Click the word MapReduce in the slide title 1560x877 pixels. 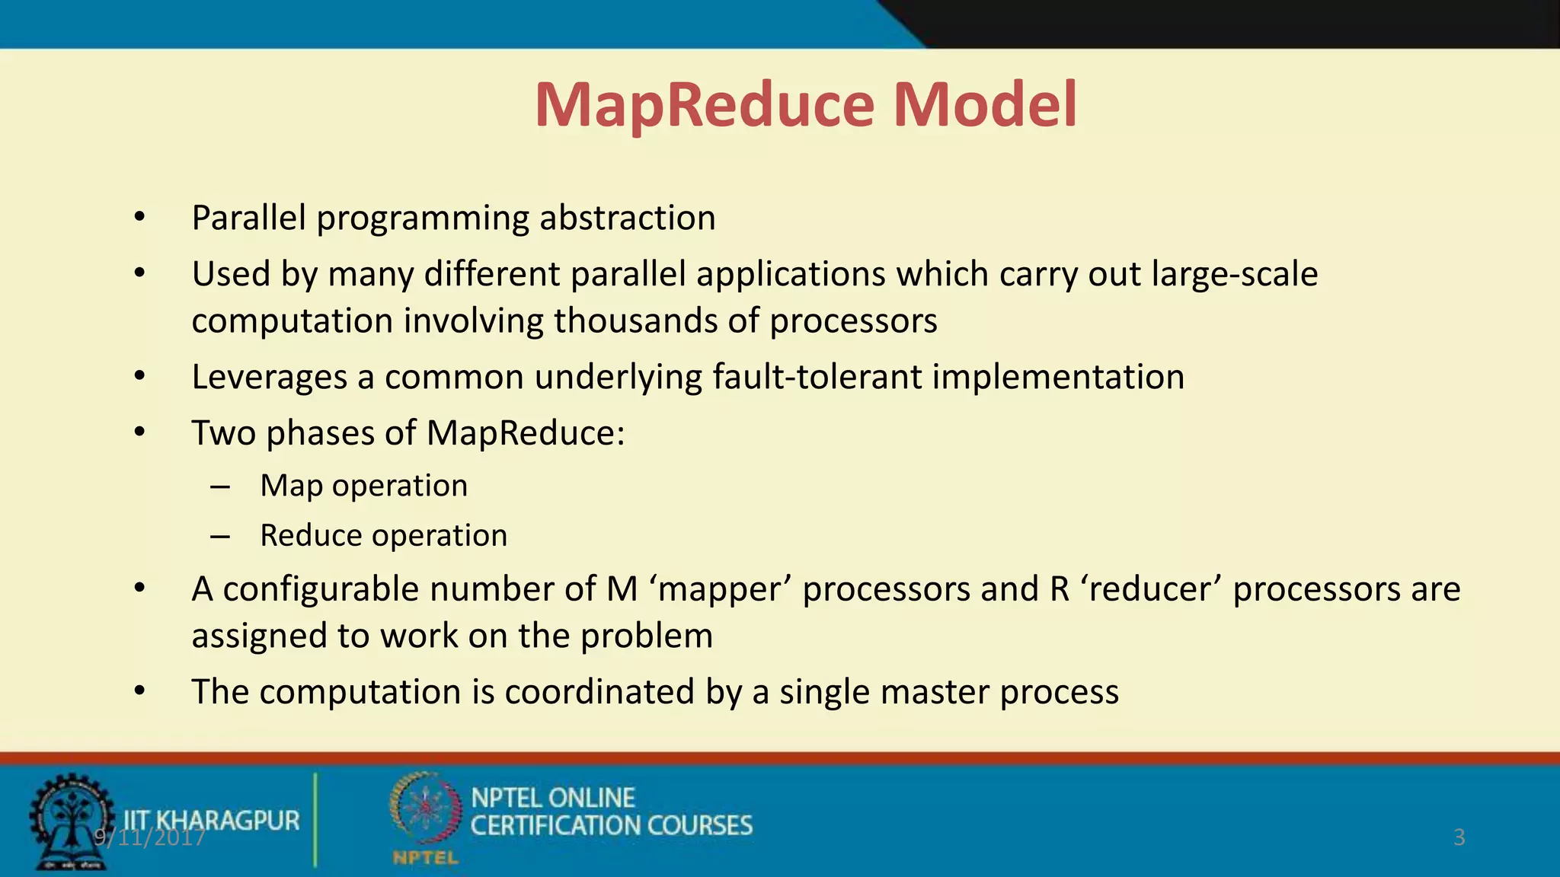click(705, 106)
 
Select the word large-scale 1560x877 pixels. click(1234, 274)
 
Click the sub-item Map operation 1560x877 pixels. click(363, 486)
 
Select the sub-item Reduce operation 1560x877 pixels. click(383, 535)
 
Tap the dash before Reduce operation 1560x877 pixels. click(220, 537)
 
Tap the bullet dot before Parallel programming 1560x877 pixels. click(139, 218)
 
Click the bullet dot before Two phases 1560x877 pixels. click(139, 433)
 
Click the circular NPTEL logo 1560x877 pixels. click(425, 810)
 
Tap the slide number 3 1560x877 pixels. click(1459, 837)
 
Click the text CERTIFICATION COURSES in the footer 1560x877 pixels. click(611, 826)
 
